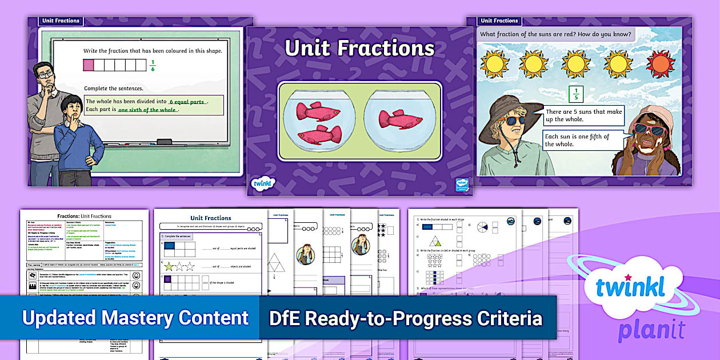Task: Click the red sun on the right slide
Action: click(660, 63)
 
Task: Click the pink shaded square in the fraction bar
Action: click(89, 65)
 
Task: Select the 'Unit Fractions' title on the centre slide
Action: click(359, 49)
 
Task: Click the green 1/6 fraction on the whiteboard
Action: click(153, 65)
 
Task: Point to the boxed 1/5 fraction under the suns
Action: click(576, 94)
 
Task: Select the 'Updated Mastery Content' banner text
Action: click(135, 318)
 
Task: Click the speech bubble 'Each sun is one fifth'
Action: click(578, 140)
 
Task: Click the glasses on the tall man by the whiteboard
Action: click(46, 74)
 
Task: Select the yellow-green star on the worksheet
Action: click(169, 266)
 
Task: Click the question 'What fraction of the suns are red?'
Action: click(556, 34)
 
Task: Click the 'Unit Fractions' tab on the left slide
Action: click(61, 21)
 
